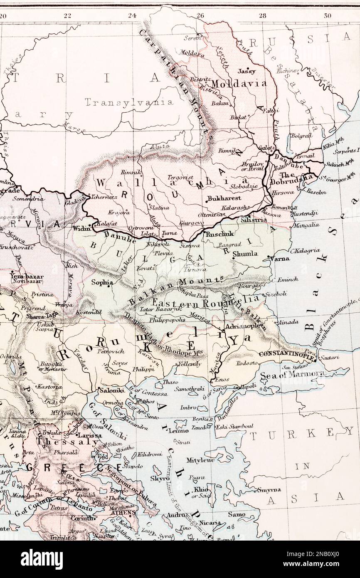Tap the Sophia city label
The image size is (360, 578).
point(102,282)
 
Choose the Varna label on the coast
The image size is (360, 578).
point(280,258)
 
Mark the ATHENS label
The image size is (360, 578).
point(124,512)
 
